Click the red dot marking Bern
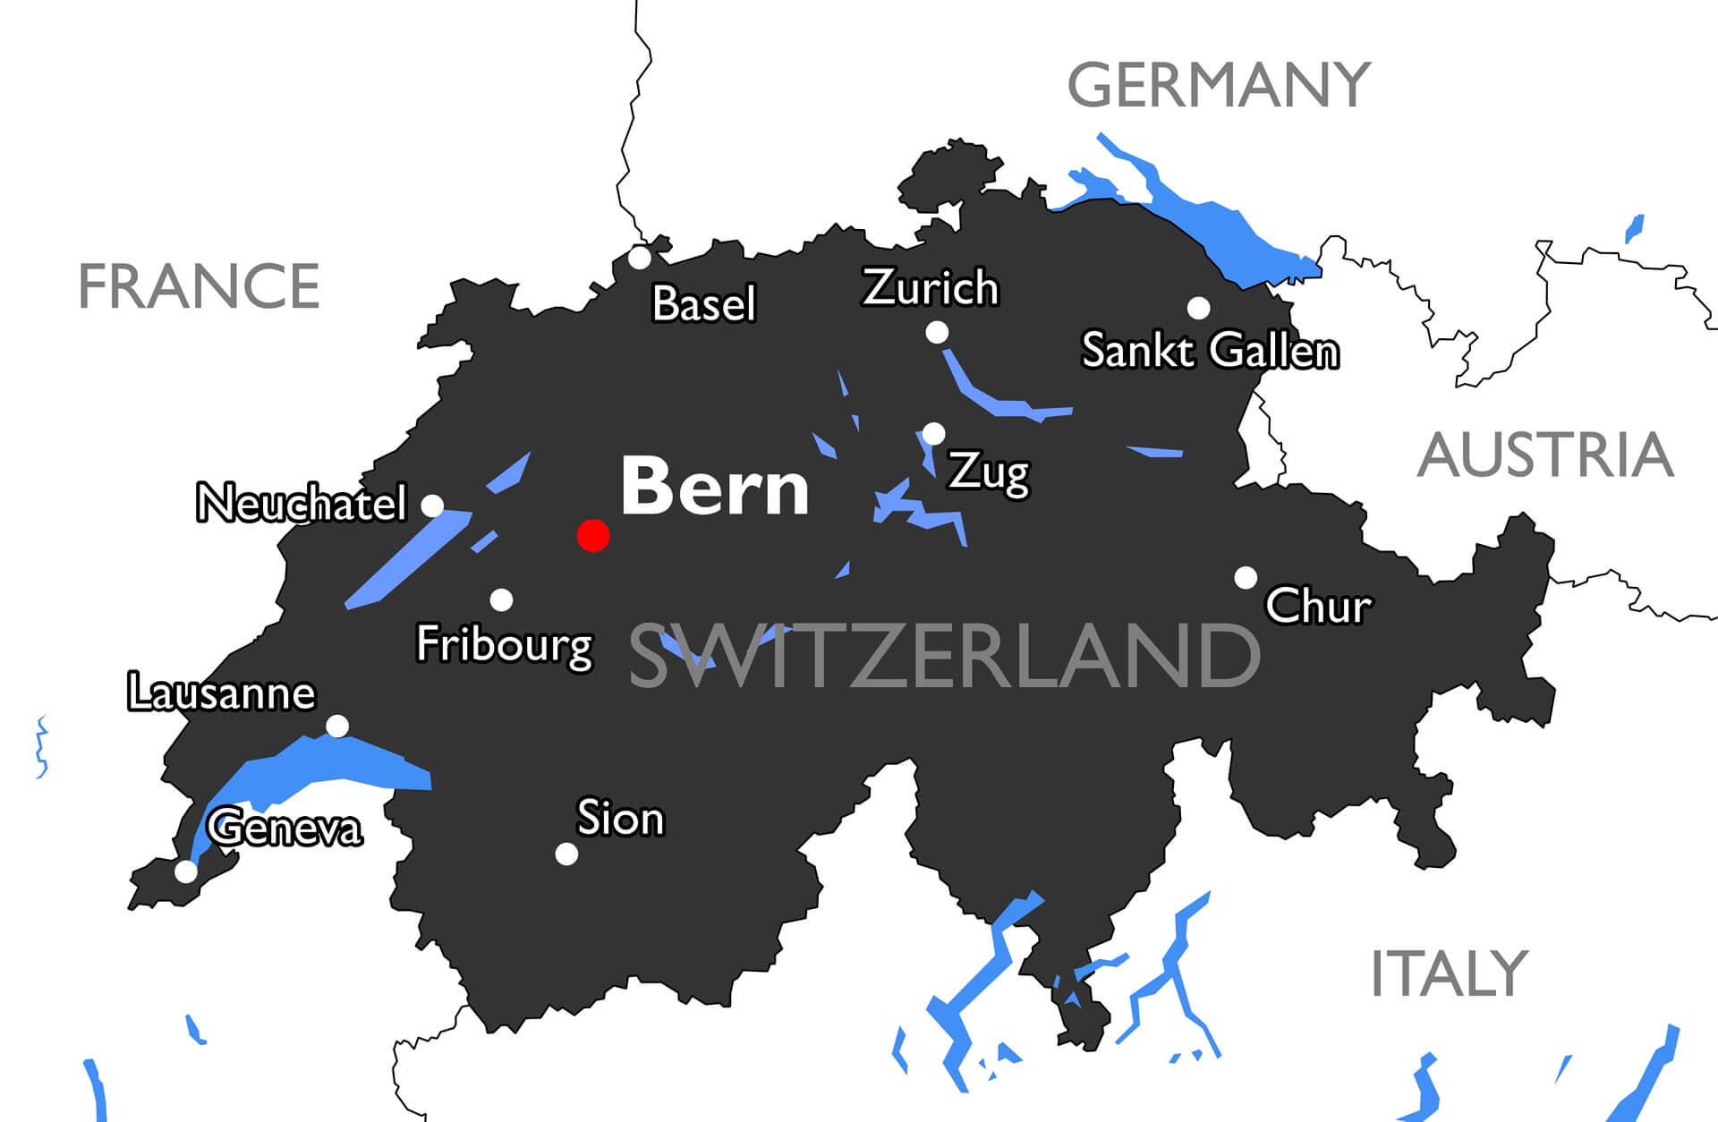point(593,535)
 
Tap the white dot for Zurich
point(937,333)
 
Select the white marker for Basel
point(640,258)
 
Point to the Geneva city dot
point(186,871)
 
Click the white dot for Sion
point(566,854)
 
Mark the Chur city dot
point(1246,577)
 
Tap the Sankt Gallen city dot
point(1199,308)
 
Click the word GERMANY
point(1219,85)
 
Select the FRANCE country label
point(199,286)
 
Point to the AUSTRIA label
point(1545,455)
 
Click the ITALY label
point(1449,974)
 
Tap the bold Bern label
point(715,487)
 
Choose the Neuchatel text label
point(302,503)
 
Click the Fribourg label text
point(505,644)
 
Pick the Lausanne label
point(222,693)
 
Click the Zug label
point(989,472)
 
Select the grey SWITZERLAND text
point(944,657)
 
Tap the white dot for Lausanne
point(337,726)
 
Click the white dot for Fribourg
point(502,599)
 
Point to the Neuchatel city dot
point(432,506)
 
